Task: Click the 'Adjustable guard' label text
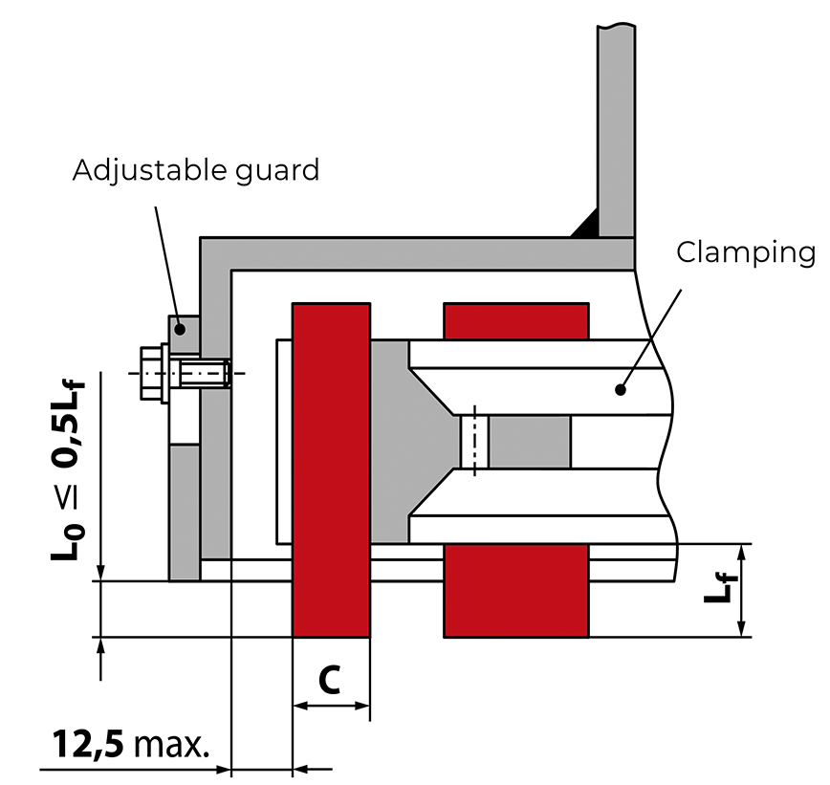point(195,171)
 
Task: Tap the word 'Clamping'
point(746,252)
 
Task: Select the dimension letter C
point(329,679)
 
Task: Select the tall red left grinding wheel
point(331,469)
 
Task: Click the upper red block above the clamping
point(515,320)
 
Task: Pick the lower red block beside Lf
point(515,590)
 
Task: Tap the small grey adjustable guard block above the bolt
point(185,330)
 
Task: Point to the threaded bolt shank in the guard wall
point(203,371)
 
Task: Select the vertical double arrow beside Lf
point(742,590)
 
